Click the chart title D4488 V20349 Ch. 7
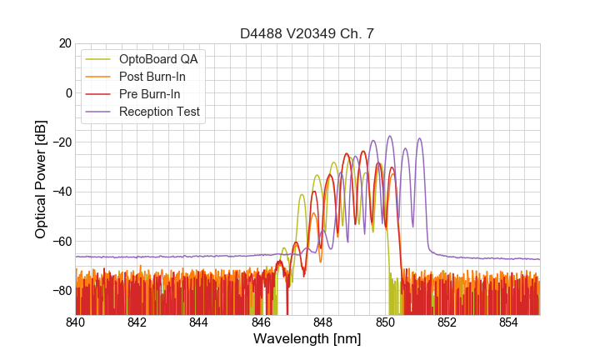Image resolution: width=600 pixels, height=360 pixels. point(307,33)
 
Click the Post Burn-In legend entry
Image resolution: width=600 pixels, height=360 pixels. point(152,77)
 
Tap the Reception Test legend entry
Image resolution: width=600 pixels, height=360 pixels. point(158,112)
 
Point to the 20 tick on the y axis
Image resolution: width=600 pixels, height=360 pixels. point(62,43)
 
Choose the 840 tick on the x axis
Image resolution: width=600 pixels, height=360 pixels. point(76,322)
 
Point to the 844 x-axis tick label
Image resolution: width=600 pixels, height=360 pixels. point(199,322)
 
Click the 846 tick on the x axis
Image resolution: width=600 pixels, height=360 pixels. point(261,322)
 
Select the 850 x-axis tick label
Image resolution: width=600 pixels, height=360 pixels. point(385,322)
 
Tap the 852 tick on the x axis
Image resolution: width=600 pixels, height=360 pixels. point(447,322)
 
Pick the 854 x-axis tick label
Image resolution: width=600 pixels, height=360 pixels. point(508,322)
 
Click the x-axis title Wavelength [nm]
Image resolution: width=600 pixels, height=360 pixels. point(307,339)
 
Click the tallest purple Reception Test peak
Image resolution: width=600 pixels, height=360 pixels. point(389,137)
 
